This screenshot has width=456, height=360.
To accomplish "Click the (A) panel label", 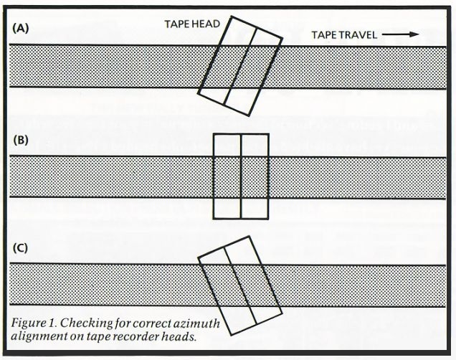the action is [21, 29].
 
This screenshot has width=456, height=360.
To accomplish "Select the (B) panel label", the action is [21, 140].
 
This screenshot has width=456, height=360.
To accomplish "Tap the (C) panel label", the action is [21, 248].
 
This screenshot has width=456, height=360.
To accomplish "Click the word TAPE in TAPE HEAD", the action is [177, 24].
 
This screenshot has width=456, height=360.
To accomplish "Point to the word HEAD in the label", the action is [206, 24].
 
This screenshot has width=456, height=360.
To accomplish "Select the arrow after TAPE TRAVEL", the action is [400, 34].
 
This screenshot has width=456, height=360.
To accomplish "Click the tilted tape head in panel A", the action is [240, 66].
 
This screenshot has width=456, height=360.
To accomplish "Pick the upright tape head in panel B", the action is [241, 176].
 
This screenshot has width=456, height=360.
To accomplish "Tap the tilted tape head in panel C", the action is [240, 285].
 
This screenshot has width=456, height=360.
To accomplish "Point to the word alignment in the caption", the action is [39, 336].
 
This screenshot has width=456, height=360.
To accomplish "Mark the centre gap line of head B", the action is [241, 176].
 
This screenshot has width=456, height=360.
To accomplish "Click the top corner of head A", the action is [232, 16].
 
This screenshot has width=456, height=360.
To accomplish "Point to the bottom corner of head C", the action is [232, 336].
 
